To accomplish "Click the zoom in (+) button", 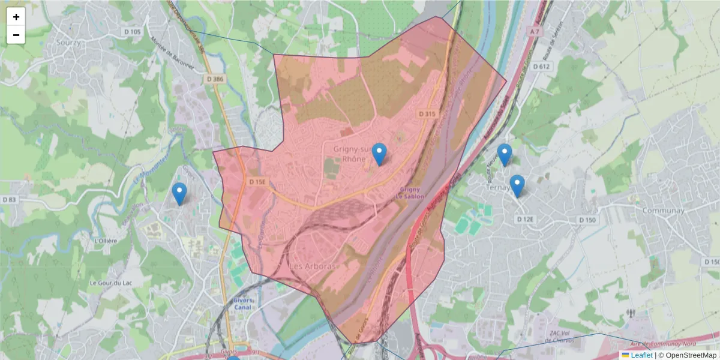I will (x=16, y=17).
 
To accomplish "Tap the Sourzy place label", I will (x=68, y=43).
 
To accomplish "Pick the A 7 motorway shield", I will (x=535, y=31).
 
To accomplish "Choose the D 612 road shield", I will (x=542, y=67).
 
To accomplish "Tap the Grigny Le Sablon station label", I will (x=410, y=193).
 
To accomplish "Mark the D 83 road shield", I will (x=9, y=199).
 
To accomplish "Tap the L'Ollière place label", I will (x=106, y=241).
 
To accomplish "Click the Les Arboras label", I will (x=314, y=265).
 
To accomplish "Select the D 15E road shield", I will (x=257, y=181).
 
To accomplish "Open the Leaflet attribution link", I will (x=641, y=355).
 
